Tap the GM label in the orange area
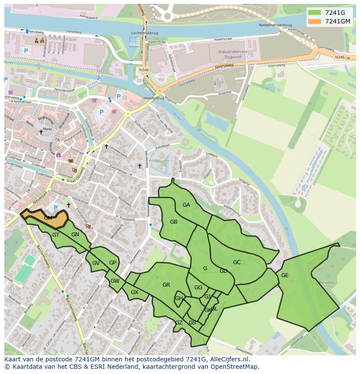pos(48,218)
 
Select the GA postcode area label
pos(186,205)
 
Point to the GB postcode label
pos(173,222)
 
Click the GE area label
pos(285,275)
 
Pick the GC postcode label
pos(237,262)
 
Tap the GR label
pos(166,285)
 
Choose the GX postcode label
pos(134,292)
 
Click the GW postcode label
pos(115,281)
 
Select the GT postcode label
pos(56,235)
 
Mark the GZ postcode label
pos(179,322)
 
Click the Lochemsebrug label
pos(143,33)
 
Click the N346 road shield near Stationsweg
pos(143,70)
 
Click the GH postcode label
pos(179,298)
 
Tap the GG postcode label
pos(198,288)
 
